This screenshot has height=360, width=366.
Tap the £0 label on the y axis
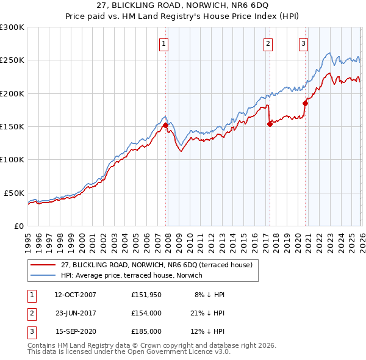[20, 226]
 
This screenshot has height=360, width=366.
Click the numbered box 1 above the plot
[165, 43]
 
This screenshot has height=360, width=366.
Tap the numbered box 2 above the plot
[268, 43]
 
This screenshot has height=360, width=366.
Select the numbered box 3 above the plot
[303, 43]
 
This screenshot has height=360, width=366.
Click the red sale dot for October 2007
[165, 125]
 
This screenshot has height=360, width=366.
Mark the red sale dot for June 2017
[270, 124]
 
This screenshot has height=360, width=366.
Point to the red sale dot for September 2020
[304, 103]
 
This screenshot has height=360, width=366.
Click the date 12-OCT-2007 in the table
[75, 295]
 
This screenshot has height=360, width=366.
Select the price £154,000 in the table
[146, 313]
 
